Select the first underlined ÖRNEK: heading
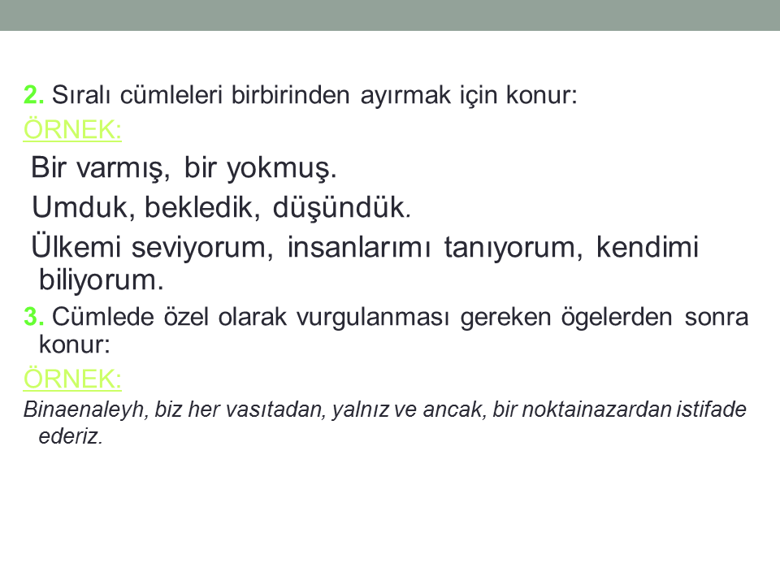point(72,129)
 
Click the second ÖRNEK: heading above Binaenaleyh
point(72,379)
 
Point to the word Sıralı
point(81,94)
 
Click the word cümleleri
point(171,94)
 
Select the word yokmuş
point(282,168)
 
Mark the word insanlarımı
point(358,247)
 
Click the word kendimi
point(648,247)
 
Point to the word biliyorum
point(101,280)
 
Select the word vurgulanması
point(373,318)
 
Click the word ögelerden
point(617,318)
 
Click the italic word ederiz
point(71,436)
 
